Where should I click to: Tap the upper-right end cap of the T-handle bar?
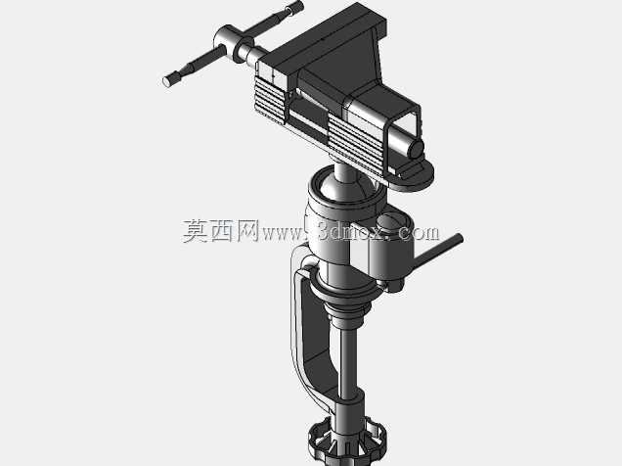click(296, 7)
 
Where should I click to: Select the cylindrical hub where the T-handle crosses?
click(229, 42)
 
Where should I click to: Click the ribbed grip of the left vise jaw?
click(271, 100)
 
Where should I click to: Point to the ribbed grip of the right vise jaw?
click(356, 145)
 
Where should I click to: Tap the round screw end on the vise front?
click(416, 151)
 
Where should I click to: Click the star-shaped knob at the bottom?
click(347, 442)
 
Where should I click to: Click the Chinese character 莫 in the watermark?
click(196, 231)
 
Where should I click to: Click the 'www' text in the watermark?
click(283, 233)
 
